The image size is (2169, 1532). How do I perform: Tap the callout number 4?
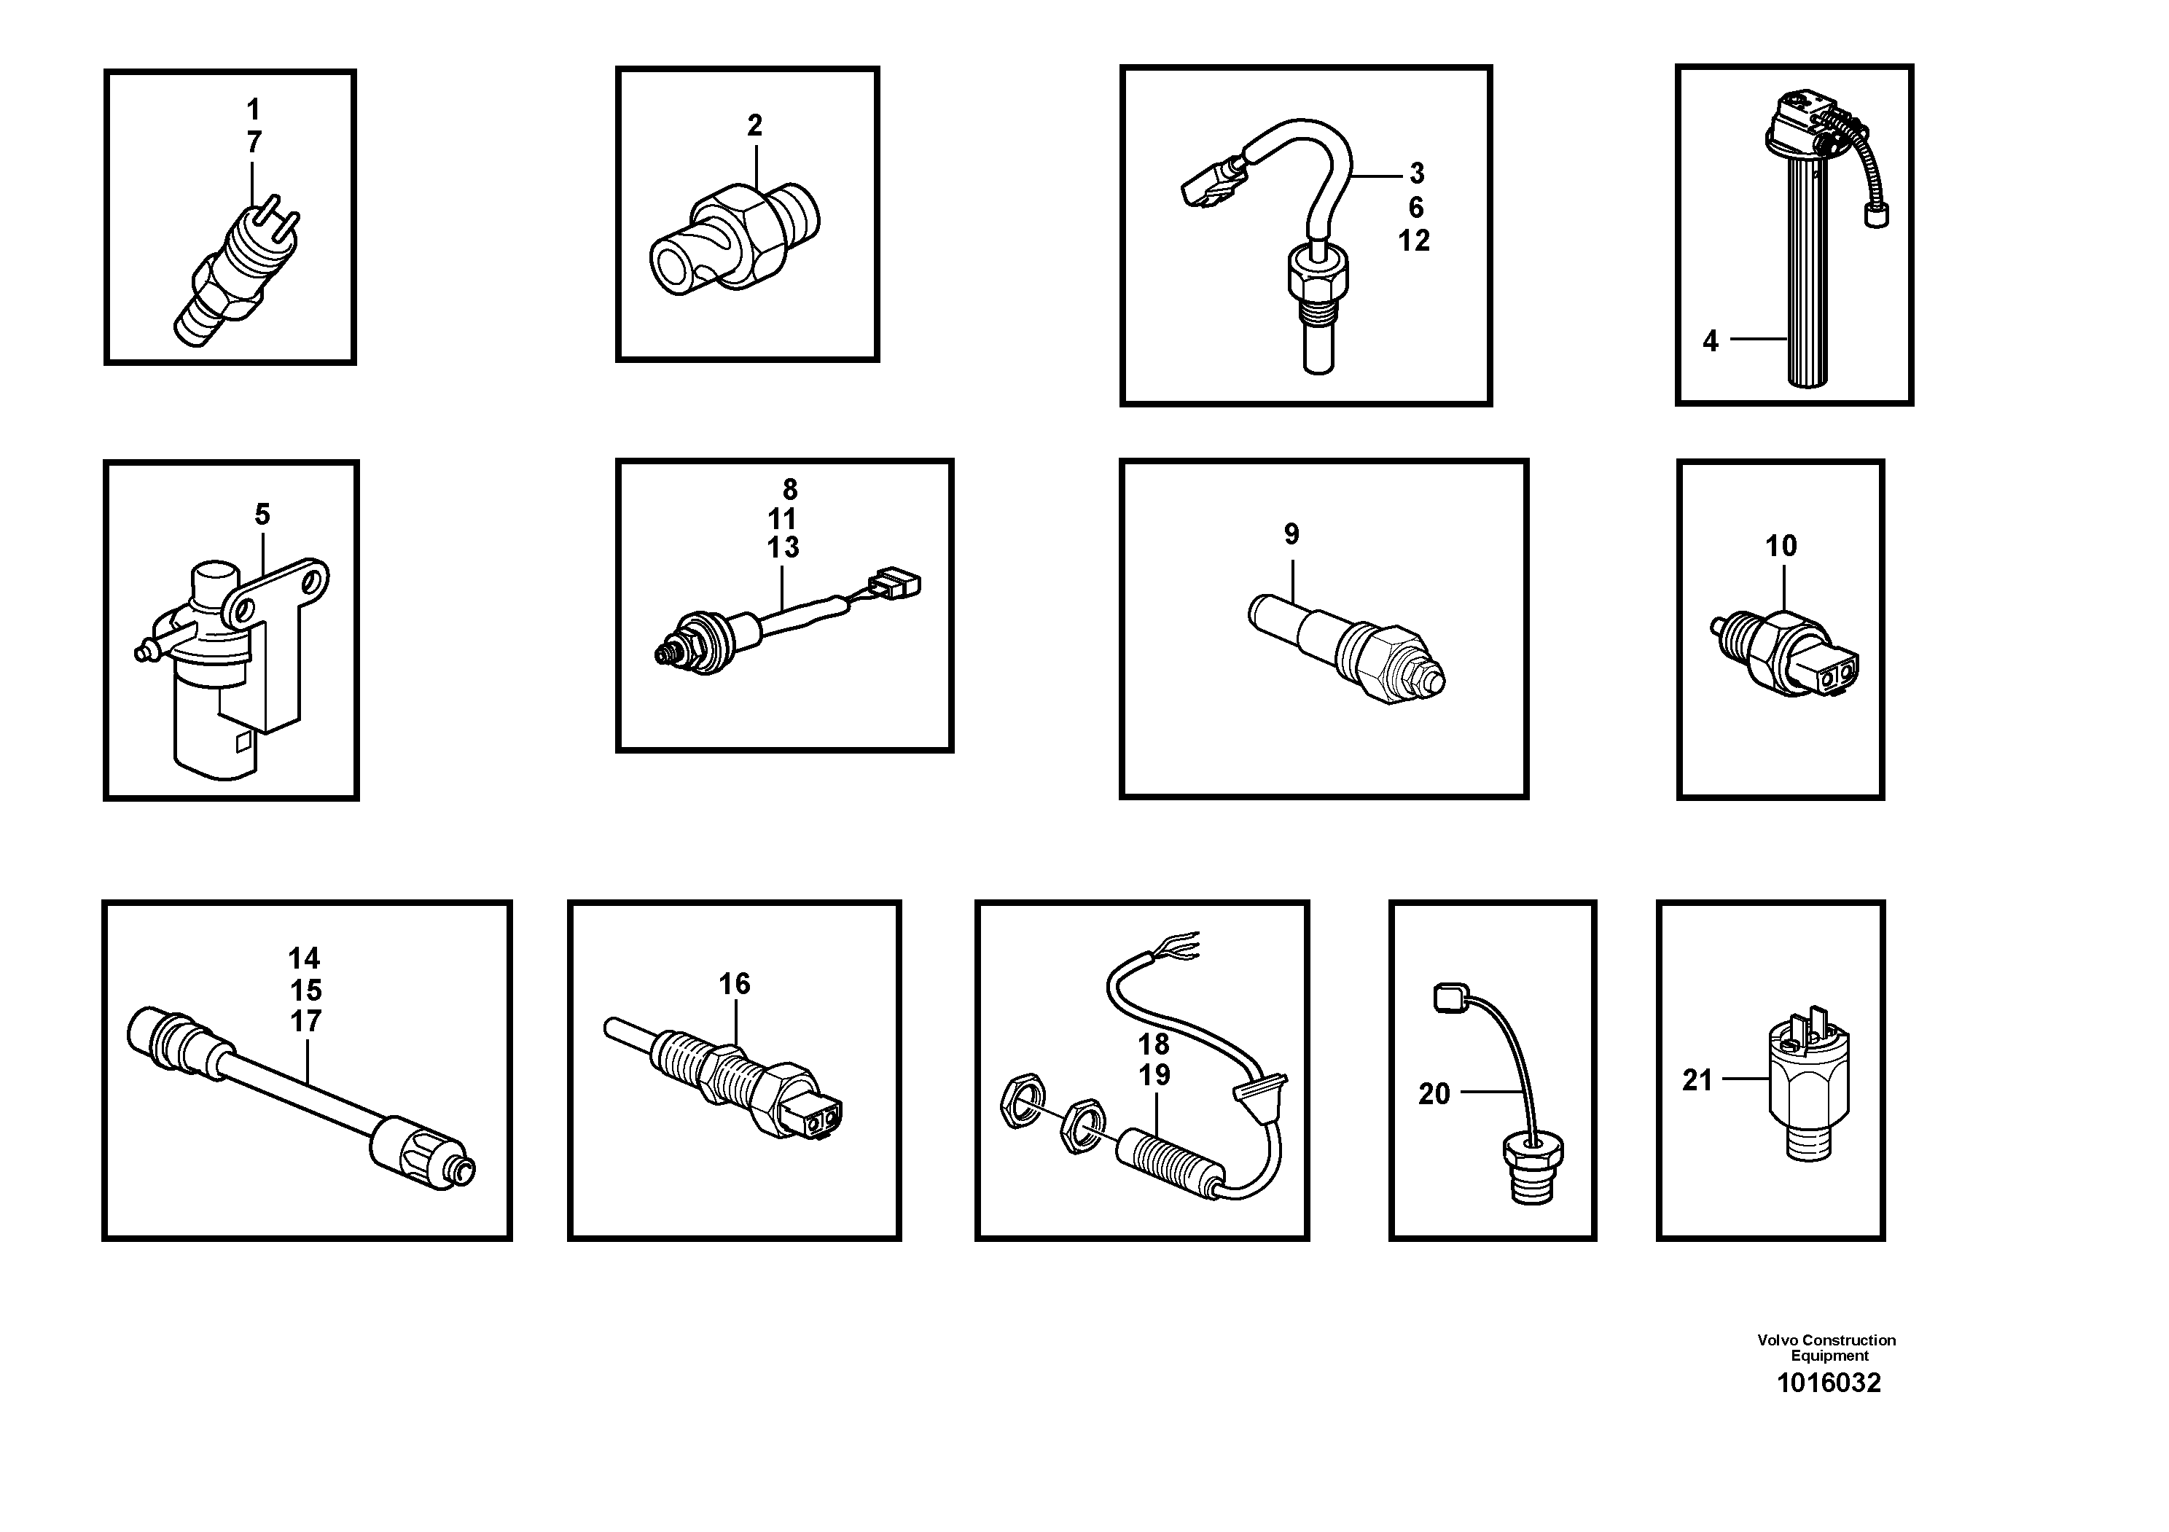point(1710,341)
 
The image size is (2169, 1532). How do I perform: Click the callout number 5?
point(262,515)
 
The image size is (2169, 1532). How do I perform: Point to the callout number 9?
point(1291,534)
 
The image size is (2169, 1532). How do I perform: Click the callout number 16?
point(734,984)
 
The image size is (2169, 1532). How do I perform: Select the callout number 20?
point(1434,1094)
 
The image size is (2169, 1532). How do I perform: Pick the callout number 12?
point(1414,241)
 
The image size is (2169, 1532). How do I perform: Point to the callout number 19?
point(1154,1075)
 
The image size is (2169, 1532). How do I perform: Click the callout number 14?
point(304,958)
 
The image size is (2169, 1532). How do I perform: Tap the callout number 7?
point(253,143)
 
